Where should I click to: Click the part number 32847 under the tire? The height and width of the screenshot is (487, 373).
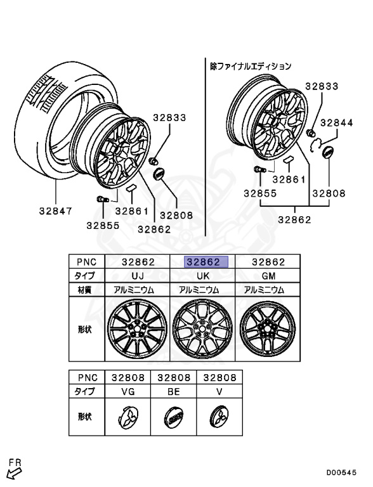pyautogui.click(x=56, y=211)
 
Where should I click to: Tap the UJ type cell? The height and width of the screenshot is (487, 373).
pyautogui.click(x=138, y=276)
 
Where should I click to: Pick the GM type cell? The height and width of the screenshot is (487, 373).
pyautogui.click(x=268, y=276)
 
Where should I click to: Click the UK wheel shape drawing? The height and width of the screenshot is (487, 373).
pyautogui.click(x=202, y=329)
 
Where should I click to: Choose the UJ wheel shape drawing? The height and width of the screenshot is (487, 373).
pyautogui.click(x=137, y=329)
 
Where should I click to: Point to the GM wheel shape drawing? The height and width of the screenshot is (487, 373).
pyautogui.click(x=268, y=329)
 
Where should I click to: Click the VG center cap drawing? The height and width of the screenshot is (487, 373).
pyautogui.click(x=128, y=417)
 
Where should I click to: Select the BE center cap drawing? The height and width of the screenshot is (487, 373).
pyautogui.click(x=173, y=417)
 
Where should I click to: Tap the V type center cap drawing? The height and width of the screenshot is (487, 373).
pyautogui.click(x=219, y=417)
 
